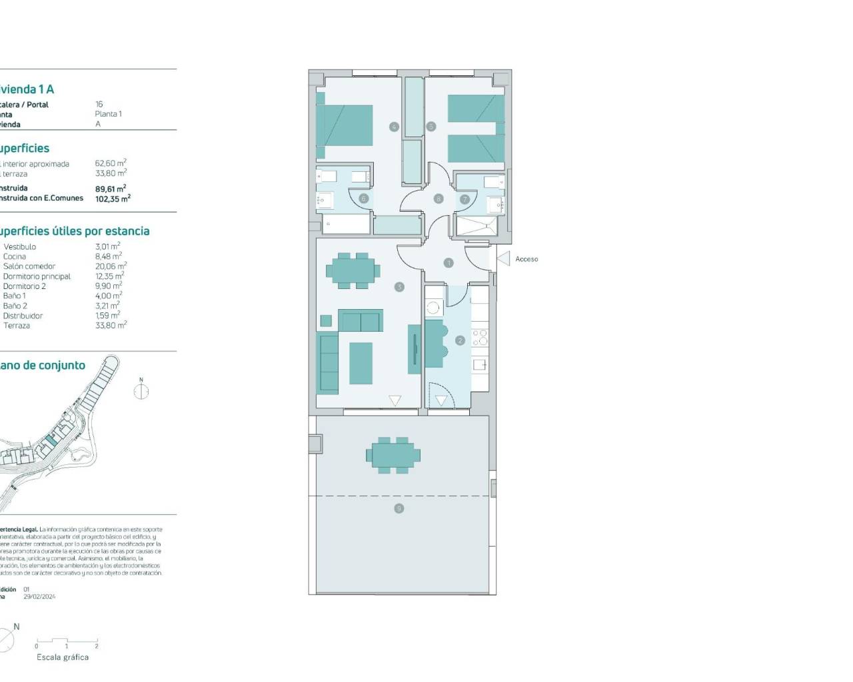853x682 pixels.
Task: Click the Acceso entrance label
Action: click(526, 259)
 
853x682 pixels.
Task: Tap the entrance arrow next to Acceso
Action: click(504, 258)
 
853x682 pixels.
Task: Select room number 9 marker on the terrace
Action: click(399, 508)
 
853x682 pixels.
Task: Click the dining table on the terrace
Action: click(393, 456)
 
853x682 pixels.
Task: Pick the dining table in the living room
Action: click(353, 270)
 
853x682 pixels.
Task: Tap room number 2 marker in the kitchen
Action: click(460, 340)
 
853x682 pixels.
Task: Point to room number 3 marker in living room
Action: click(399, 287)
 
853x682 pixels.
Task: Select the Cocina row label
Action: click(15, 256)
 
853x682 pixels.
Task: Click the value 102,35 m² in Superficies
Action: click(113, 198)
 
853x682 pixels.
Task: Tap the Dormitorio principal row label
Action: click(37, 276)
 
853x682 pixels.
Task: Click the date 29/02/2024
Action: click(39, 597)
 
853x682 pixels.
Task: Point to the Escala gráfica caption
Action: click(63, 657)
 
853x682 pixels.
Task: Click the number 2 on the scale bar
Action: click(97, 646)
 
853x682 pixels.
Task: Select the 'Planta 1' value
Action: click(108, 114)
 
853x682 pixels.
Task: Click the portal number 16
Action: click(99, 105)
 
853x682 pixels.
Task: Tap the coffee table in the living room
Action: click(361, 362)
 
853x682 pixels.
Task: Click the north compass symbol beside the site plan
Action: click(141, 390)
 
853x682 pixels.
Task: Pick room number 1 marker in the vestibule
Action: click(448, 263)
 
